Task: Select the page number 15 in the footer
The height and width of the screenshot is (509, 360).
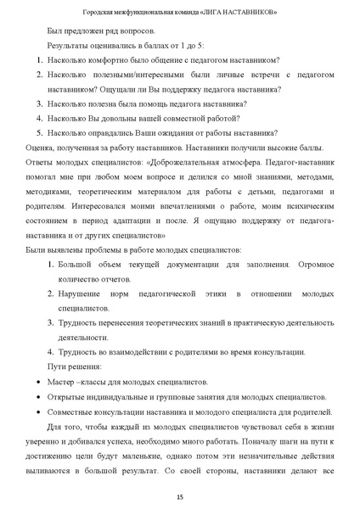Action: pos(180,496)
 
